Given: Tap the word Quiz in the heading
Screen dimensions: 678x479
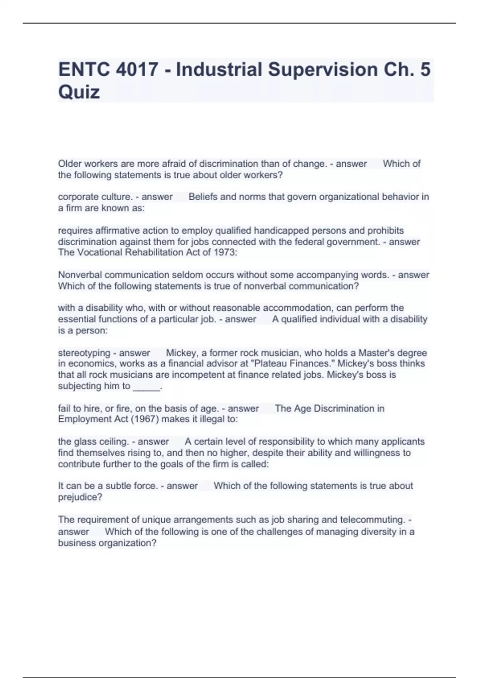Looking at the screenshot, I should (x=79, y=92).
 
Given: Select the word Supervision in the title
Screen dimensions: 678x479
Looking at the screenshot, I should (x=323, y=69).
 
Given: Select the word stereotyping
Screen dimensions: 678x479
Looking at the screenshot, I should (x=84, y=353).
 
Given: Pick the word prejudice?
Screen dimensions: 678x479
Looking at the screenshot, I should (x=80, y=497).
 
